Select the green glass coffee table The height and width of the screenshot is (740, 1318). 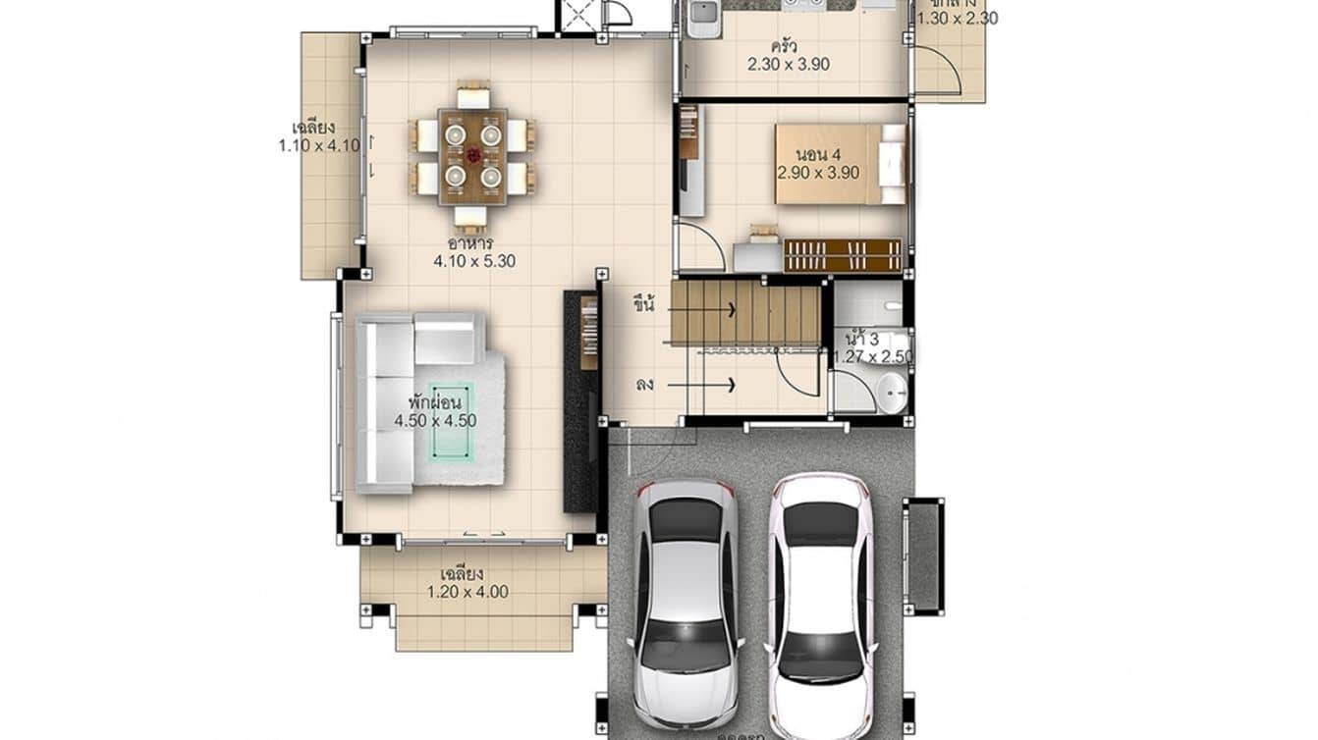pos(452,434)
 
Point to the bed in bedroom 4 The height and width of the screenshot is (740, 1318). pos(840,163)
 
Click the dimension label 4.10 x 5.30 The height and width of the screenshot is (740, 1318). pos(474,261)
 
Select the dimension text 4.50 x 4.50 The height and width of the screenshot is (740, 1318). pos(435,421)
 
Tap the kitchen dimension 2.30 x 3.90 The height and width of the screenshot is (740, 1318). pos(789,65)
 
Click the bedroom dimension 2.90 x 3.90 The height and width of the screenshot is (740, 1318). pos(818,172)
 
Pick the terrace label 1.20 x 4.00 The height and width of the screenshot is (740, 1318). pos(467,592)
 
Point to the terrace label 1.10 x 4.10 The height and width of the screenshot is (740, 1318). pos(319,145)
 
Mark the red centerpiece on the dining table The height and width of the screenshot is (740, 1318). pos(473,155)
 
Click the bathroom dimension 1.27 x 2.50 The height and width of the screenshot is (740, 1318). pos(872,356)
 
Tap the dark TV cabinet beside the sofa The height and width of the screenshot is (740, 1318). pos(579,402)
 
